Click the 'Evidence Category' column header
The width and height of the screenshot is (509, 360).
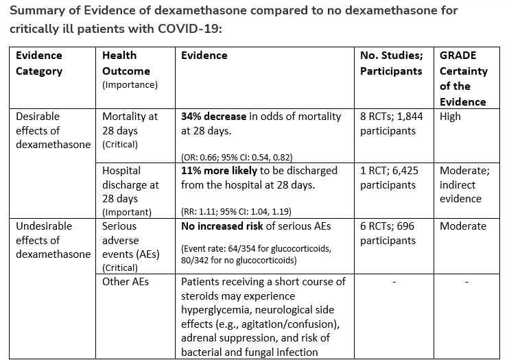coord(39,63)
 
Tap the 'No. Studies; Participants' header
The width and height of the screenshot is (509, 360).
coord(391,63)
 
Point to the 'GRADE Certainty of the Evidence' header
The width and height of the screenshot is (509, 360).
coord(463,78)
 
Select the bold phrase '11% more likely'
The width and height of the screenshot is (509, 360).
coord(222,171)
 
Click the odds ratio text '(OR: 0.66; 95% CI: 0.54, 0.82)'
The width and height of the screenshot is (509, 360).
coord(236,156)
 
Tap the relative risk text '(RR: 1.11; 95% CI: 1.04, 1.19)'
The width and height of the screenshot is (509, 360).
coord(235,211)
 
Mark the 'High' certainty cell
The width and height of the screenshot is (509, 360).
coord(451,117)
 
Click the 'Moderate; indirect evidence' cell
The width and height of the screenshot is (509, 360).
coord(462,184)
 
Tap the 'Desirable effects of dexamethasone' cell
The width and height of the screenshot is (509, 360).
coord(53,130)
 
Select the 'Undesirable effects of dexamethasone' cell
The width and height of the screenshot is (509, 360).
coord(53,240)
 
